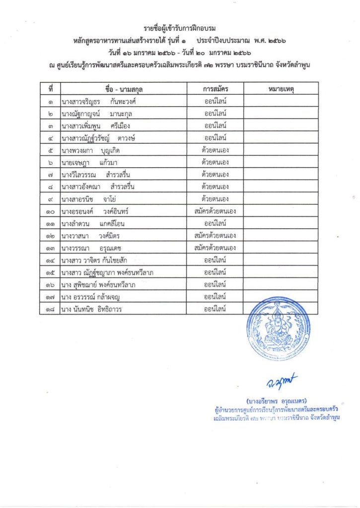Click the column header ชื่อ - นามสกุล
click(x=123, y=89)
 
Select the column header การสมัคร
click(x=215, y=89)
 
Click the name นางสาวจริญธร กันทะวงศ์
click(x=99, y=101)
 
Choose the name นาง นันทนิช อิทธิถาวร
click(x=92, y=309)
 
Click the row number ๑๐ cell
click(x=51, y=211)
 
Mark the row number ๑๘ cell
click(x=51, y=309)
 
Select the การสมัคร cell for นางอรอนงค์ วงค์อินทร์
click(x=215, y=211)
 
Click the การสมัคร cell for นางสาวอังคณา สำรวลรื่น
click(x=215, y=187)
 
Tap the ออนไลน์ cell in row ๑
click(x=215, y=101)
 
